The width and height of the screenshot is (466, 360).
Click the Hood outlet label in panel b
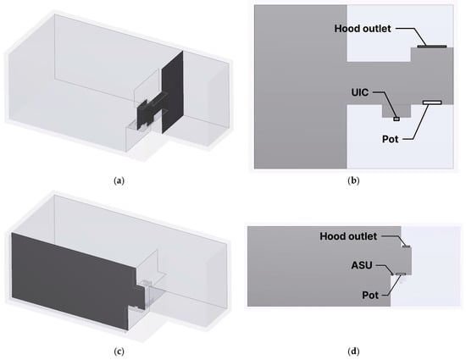(x=363, y=29)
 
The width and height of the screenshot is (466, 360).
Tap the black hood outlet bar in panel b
(x=432, y=47)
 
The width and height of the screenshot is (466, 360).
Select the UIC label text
(x=360, y=92)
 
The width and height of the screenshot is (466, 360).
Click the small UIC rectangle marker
(x=397, y=119)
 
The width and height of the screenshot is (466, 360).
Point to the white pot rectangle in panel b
(x=432, y=102)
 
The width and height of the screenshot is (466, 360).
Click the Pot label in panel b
(x=391, y=139)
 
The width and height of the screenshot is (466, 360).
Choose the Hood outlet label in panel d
(x=348, y=236)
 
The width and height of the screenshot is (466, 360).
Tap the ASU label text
(x=362, y=265)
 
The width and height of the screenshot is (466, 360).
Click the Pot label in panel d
(x=370, y=295)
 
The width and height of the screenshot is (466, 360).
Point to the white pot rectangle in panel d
(x=401, y=274)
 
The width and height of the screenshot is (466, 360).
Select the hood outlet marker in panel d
(x=406, y=246)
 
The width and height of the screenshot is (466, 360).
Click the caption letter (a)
(x=119, y=181)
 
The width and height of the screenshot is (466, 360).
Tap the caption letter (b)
(x=353, y=181)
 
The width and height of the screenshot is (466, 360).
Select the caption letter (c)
(x=119, y=352)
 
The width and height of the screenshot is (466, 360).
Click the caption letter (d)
(x=353, y=352)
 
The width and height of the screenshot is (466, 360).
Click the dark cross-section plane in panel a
(x=172, y=92)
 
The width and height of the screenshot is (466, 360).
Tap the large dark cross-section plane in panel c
(x=71, y=280)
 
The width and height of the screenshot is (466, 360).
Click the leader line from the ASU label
(x=384, y=268)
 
